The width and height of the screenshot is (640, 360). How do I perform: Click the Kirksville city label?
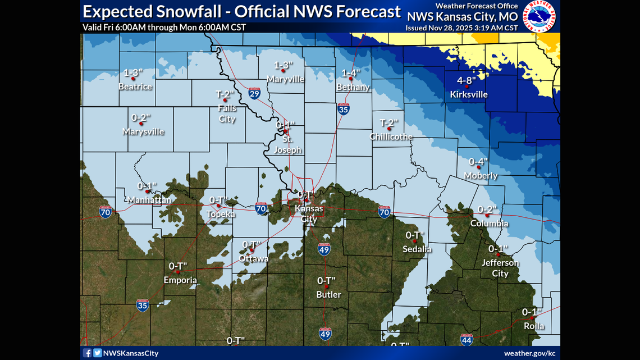coord(469,94)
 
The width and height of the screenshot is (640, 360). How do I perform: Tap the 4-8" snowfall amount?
coord(468,81)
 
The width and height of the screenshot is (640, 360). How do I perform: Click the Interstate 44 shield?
coord(467,339)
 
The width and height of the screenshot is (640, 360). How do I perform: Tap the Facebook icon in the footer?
coord(88,353)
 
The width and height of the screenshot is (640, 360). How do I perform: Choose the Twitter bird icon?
coord(97,353)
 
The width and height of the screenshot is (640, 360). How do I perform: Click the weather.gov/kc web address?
coord(529,353)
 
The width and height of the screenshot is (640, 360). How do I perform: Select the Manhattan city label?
coord(149,200)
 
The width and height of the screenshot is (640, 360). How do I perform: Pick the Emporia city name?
coord(180,280)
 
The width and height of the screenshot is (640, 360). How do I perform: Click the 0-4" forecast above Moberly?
coord(478,162)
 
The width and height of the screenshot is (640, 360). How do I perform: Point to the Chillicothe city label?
coord(391,136)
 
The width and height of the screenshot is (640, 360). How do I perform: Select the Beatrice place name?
coord(135,86)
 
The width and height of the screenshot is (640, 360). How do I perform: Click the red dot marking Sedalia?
coord(415,241)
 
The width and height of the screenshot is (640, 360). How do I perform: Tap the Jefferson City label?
coord(500,268)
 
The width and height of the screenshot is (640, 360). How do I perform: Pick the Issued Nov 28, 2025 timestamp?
coord(461,28)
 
